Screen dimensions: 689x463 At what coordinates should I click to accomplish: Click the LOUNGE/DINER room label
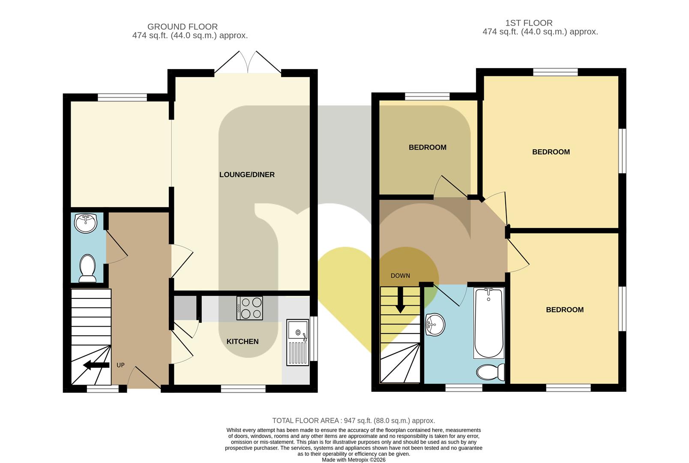pyautogui.click(x=247, y=174)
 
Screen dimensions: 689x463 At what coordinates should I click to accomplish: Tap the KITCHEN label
pyautogui.click(x=243, y=341)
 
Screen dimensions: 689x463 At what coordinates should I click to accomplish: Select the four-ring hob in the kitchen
pyautogui.click(x=249, y=308)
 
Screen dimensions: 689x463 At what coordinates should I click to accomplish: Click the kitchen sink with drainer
pyautogui.click(x=297, y=343)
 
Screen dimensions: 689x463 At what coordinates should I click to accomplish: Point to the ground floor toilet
pyautogui.click(x=87, y=268)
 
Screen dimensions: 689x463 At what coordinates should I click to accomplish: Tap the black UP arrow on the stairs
pyautogui.click(x=96, y=365)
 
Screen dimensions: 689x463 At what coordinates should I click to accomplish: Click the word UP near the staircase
pyautogui.click(x=120, y=365)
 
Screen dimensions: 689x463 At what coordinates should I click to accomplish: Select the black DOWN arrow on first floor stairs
pyautogui.click(x=400, y=300)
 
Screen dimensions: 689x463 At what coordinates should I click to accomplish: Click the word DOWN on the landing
pyautogui.click(x=400, y=276)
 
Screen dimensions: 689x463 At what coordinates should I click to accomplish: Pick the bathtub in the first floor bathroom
pyautogui.click(x=489, y=323)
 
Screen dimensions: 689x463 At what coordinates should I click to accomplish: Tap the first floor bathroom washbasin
pyautogui.click(x=435, y=325)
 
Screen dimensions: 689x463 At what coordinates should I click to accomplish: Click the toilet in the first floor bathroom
pyautogui.click(x=491, y=372)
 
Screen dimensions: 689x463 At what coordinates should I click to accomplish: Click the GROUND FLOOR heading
pyautogui.click(x=183, y=27)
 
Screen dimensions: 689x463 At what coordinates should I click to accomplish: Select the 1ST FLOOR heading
pyautogui.click(x=529, y=23)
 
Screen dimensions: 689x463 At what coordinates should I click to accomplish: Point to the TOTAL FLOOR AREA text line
pyautogui.click(x=354, y=421)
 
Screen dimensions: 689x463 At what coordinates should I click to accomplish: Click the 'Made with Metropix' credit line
pyautogui.click(x=354, y=460)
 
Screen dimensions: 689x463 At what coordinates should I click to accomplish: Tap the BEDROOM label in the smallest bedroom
pyautogui.click(x=428, y=147)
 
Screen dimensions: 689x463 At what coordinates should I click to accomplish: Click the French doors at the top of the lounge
pyautogui.click(x=248, y=62)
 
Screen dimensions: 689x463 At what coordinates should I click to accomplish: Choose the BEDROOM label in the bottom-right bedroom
pyautogui.click(x=565, y=310)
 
